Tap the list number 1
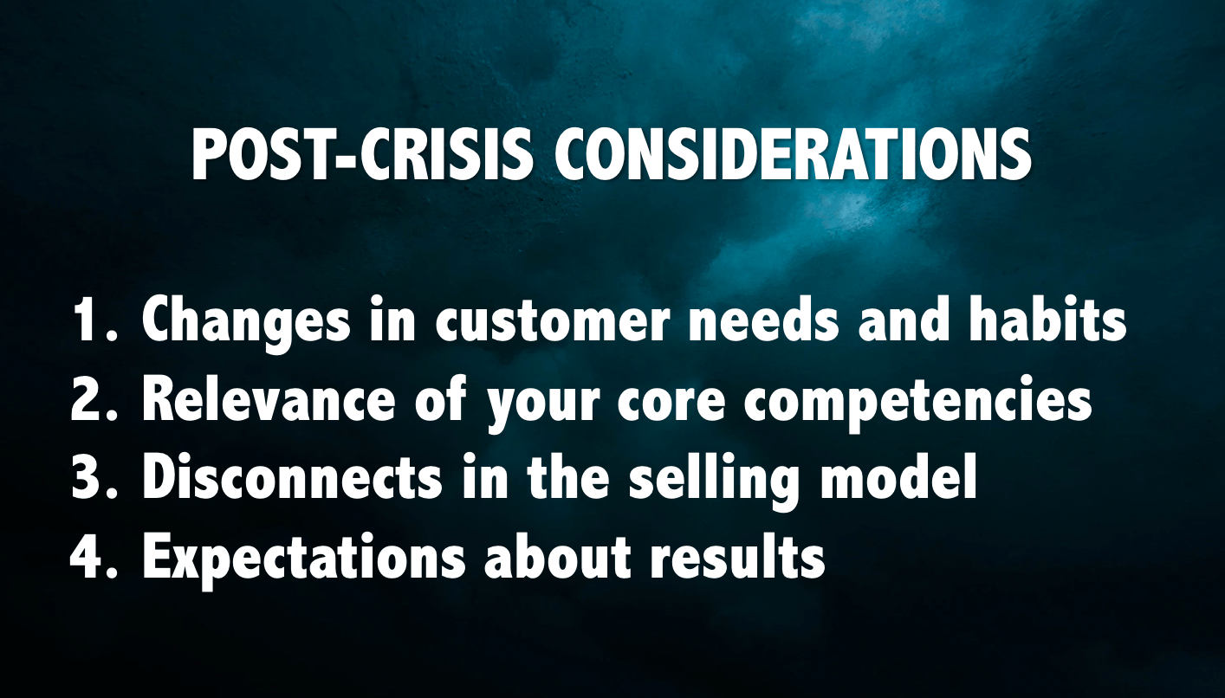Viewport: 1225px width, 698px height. click(94, 321)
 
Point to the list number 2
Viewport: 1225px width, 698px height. click(94, 400)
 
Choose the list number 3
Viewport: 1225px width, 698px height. click(94, 479)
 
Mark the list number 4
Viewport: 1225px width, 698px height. click(94, 558)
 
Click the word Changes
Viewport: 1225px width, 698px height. click(245, 326)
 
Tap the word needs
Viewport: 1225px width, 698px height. click(763, 321)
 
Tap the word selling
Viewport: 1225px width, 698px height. click(714, 483)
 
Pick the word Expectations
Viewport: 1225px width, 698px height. click(304, 562)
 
